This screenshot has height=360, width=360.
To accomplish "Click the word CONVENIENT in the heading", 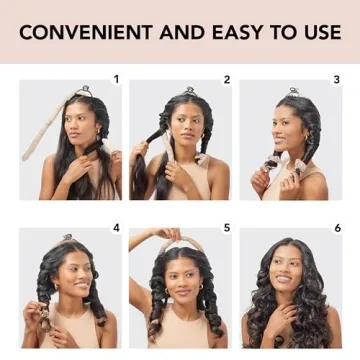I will point(83,32).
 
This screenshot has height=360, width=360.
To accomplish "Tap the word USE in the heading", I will point(319,32).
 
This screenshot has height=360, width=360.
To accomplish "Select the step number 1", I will point(116,79).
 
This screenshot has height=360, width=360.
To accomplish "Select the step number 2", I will point(227,79).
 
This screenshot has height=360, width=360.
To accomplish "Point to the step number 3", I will point(337,79).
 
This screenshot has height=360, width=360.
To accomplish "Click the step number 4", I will point(116,228).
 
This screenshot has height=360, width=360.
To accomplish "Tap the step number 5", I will point(227,228).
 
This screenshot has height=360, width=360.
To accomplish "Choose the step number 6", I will point(337,228).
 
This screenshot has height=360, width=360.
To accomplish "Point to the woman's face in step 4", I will point(74,277).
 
